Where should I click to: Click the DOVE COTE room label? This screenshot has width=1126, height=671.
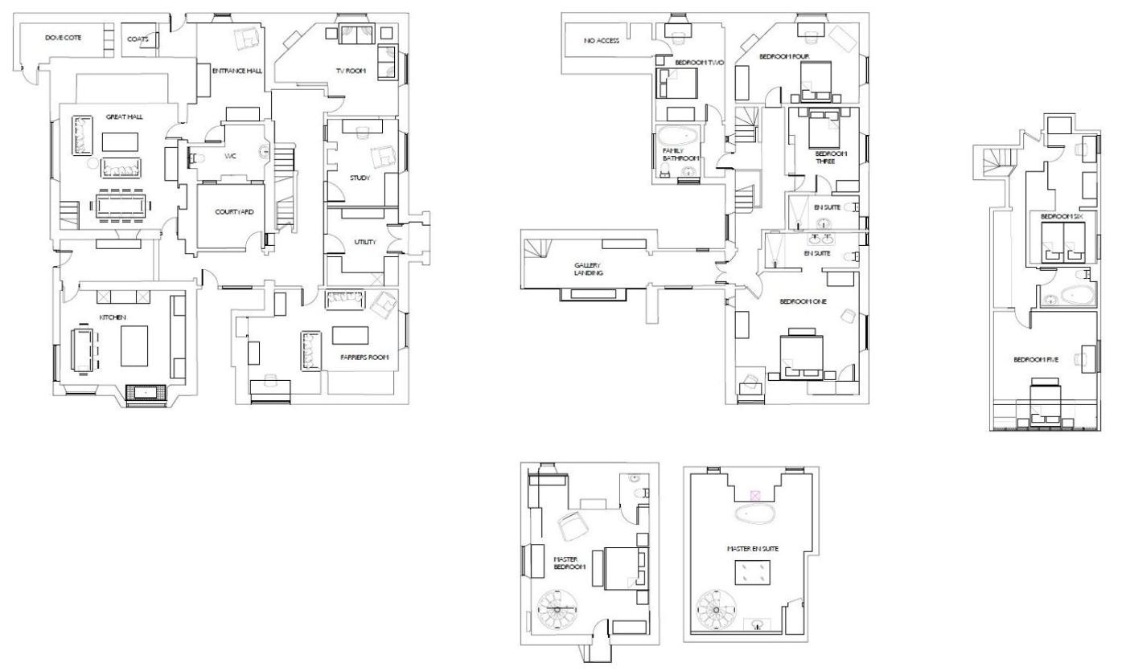point(64,38)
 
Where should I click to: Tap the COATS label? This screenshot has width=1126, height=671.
point(138,39)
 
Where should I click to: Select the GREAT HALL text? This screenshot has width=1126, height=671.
point(124,117)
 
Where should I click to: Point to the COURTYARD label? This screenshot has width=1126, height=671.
point(234,212)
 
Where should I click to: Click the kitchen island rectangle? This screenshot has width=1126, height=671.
point(134,346)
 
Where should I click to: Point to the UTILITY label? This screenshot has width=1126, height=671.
point(365,242)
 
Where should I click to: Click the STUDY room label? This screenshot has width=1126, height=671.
point(360,178)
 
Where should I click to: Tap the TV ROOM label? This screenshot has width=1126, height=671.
point(351,71)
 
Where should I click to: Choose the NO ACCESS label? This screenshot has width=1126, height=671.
point(602,41)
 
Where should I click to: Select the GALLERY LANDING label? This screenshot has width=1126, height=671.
point(588,269)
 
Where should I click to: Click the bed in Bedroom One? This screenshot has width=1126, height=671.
point(802,356)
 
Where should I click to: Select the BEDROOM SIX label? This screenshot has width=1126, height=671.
point(1062,216)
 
